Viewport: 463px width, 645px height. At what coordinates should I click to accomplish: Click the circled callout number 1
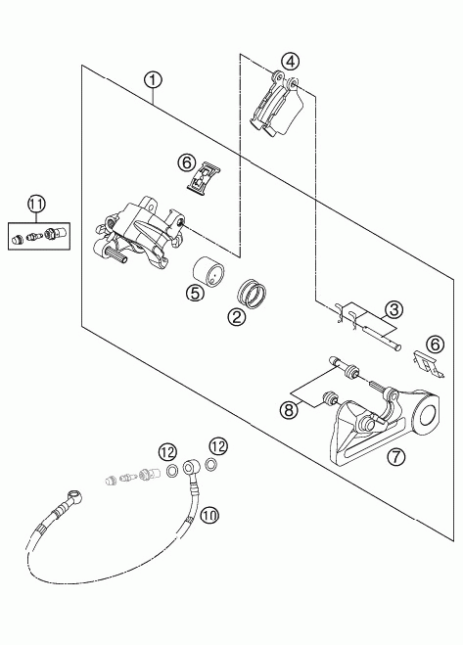click(x=153, y=80)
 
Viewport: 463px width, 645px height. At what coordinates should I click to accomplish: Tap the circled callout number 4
click(x=290, y=62)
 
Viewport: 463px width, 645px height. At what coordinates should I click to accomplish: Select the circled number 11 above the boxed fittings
click(x=36, y=205)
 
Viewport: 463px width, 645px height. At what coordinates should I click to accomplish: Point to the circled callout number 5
click(x=195, y=293)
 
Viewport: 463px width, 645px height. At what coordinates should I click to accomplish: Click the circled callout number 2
click(x=237, y=317)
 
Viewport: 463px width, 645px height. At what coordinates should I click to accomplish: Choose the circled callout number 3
click(x=394, y=309)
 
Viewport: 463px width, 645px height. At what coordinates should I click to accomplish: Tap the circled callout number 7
click(x=396, y=456)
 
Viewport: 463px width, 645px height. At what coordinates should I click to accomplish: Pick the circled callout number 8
click(x=289, y=409)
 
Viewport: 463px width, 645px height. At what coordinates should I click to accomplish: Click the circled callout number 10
click(x=209, y=515)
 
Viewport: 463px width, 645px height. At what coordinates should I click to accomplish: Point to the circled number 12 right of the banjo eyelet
click(x=218, y=446)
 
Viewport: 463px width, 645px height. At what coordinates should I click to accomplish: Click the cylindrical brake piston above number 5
click(x=208, y=273)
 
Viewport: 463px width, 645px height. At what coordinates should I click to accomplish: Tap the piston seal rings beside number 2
click(x=253, y=293)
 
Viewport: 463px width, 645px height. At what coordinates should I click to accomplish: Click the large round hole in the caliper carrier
click(x=429, y=416)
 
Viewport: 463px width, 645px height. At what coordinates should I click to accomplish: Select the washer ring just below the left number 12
click(x=172, y=470)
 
